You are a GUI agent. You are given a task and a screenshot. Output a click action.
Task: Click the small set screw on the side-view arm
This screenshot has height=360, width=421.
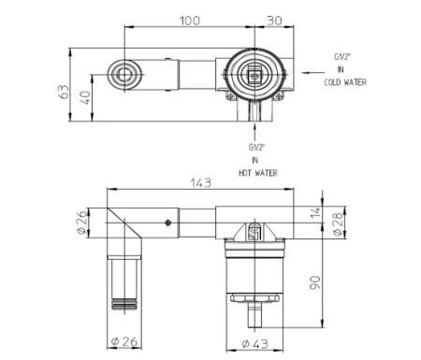pos(167,223)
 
